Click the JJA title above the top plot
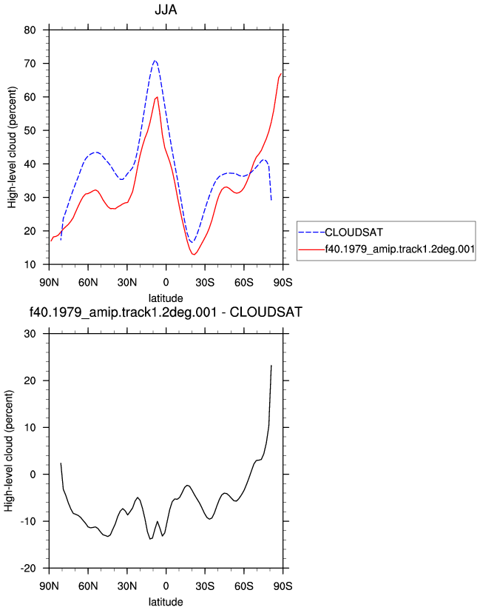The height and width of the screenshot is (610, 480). pyautogui.click(x=166, y=10)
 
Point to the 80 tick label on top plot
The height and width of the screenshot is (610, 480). pyautogui.click(x=30, y=30)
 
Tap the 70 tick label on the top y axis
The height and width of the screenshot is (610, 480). pyautogui.click(x=30, y=64)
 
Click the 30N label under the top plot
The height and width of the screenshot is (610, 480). pyautogui.click(x=127, y=282)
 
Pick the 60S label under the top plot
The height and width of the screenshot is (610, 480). pyautogui.click(x=243, y=282)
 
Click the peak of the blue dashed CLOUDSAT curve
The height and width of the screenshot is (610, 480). pyautogui.click(x=155, y=60)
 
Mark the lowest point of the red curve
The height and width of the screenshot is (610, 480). pyautogui.click(x=194, y=255)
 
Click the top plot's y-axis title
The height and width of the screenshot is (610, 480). pyautogui.click(x=12, y=147)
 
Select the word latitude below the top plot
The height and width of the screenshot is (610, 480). pyautogui.click(x=166, y=298)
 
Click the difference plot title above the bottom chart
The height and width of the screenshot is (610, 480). pyautogui.click(x=166, y=312)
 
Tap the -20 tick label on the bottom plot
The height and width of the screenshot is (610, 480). pyautogui.click(x=28, y=568)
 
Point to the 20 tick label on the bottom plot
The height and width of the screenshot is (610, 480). pyautogui.click(x=30, y=381)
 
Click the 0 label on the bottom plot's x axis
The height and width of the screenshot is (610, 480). pyautogui.click(x=166, y=586)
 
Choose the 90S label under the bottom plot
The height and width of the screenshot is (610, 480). pyautogui.click(x=283, y=586)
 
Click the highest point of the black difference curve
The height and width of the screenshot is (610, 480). pyautogui.click(x=271, y=365)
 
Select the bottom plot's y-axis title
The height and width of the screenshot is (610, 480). pyautogui.click(x=9, y=451)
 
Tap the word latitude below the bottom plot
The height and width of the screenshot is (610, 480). pyautogui.click(x=166, y=602)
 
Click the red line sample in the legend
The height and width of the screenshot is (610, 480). pyautogui.click(x=311, y=249)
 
